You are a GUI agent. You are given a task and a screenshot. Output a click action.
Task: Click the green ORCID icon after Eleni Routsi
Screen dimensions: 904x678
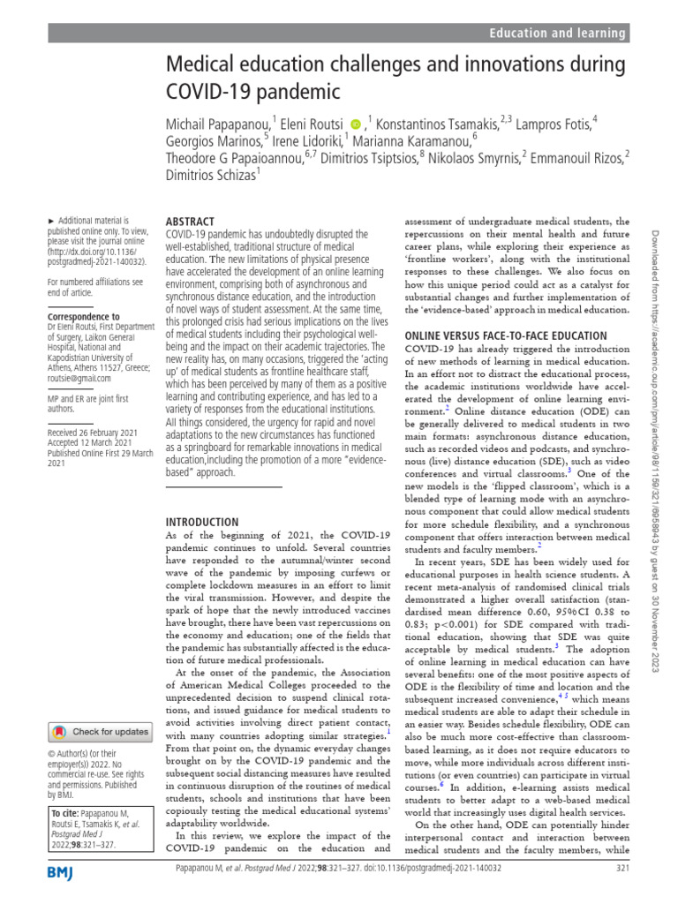[356, 123]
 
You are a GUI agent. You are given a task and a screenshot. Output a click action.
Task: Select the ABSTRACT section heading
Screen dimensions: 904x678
[190, 222]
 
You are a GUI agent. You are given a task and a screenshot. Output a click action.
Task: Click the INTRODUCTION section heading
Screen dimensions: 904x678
[202, 522]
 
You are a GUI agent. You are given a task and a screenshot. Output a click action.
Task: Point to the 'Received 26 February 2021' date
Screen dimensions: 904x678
[93, 432]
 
